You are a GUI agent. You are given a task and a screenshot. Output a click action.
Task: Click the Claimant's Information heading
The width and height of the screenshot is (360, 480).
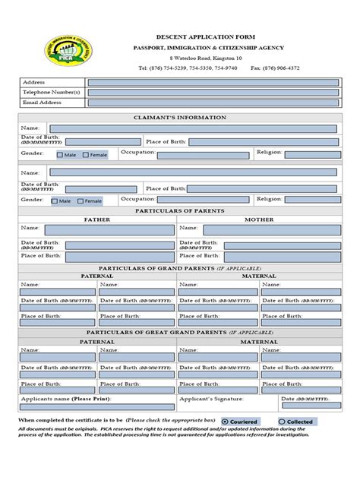pyautogui.click(x=180, y=118)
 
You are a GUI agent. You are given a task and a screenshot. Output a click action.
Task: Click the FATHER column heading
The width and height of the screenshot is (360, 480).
pyautogui.click(x=96, y=219)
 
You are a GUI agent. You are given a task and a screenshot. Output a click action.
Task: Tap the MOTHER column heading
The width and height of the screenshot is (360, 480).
pyautogui.click(x=258, y=219)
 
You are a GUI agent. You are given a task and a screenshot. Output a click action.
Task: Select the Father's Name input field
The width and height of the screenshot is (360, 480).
pyautogui.click(x=109, y=229)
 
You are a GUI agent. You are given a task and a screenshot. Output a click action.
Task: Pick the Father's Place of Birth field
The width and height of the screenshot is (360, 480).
pyautogui.click(x=109, y=256)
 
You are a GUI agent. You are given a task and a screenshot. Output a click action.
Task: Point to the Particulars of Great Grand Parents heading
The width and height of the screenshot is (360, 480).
pyautogui.click(x=180, y=333)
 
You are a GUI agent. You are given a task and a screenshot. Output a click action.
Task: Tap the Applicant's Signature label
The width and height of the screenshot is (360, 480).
pyautogui.click(x=209, y=398)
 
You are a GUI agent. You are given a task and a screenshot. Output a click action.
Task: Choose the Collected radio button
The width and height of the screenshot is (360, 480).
pyautogui.click(x=282, y=422)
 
